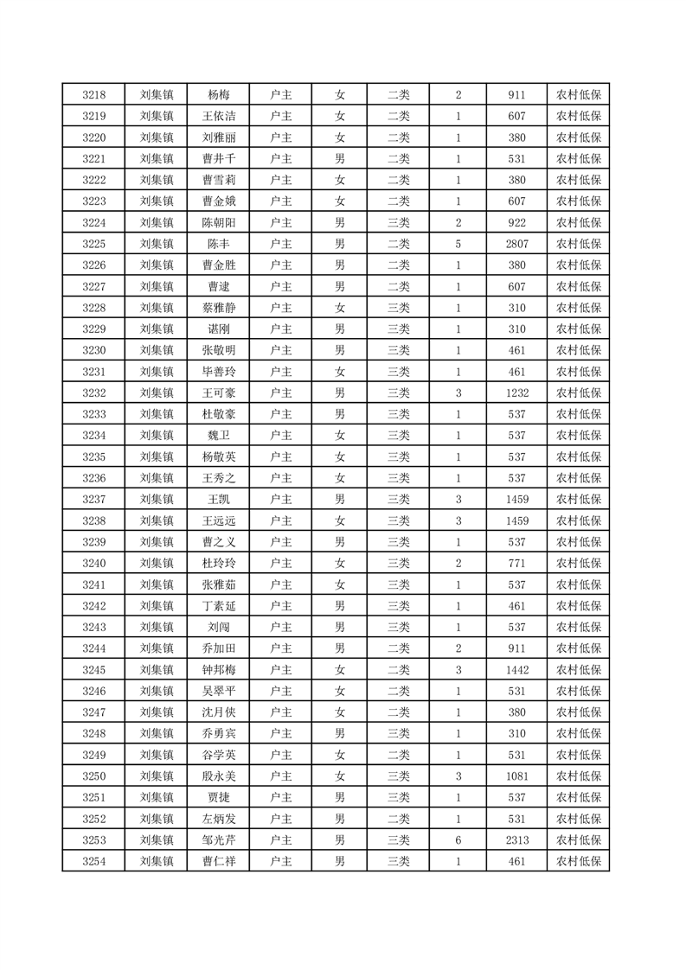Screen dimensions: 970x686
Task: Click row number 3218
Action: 93,95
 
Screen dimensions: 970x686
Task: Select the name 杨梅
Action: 218,95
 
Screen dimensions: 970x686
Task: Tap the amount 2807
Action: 517,244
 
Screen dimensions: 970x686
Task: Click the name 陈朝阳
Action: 218,223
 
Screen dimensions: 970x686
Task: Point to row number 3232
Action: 93,392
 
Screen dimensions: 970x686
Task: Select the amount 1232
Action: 517,392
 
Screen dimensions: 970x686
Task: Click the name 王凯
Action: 218,499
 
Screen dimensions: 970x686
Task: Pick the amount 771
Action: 517,563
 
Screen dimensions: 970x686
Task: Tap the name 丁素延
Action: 218,605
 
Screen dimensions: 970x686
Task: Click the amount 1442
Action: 517,669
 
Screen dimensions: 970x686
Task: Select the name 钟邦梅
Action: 218,669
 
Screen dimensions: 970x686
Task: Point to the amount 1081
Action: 517,775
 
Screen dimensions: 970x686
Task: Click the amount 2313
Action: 517,839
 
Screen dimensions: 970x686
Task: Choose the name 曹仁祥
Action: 218,861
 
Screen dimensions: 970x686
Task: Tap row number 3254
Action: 93,861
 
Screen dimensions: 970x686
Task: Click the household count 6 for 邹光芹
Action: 458,839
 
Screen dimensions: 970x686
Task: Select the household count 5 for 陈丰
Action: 458,244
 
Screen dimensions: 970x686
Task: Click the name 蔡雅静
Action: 218,308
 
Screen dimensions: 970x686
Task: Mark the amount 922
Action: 517,223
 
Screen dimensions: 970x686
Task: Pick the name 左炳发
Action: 218,818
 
